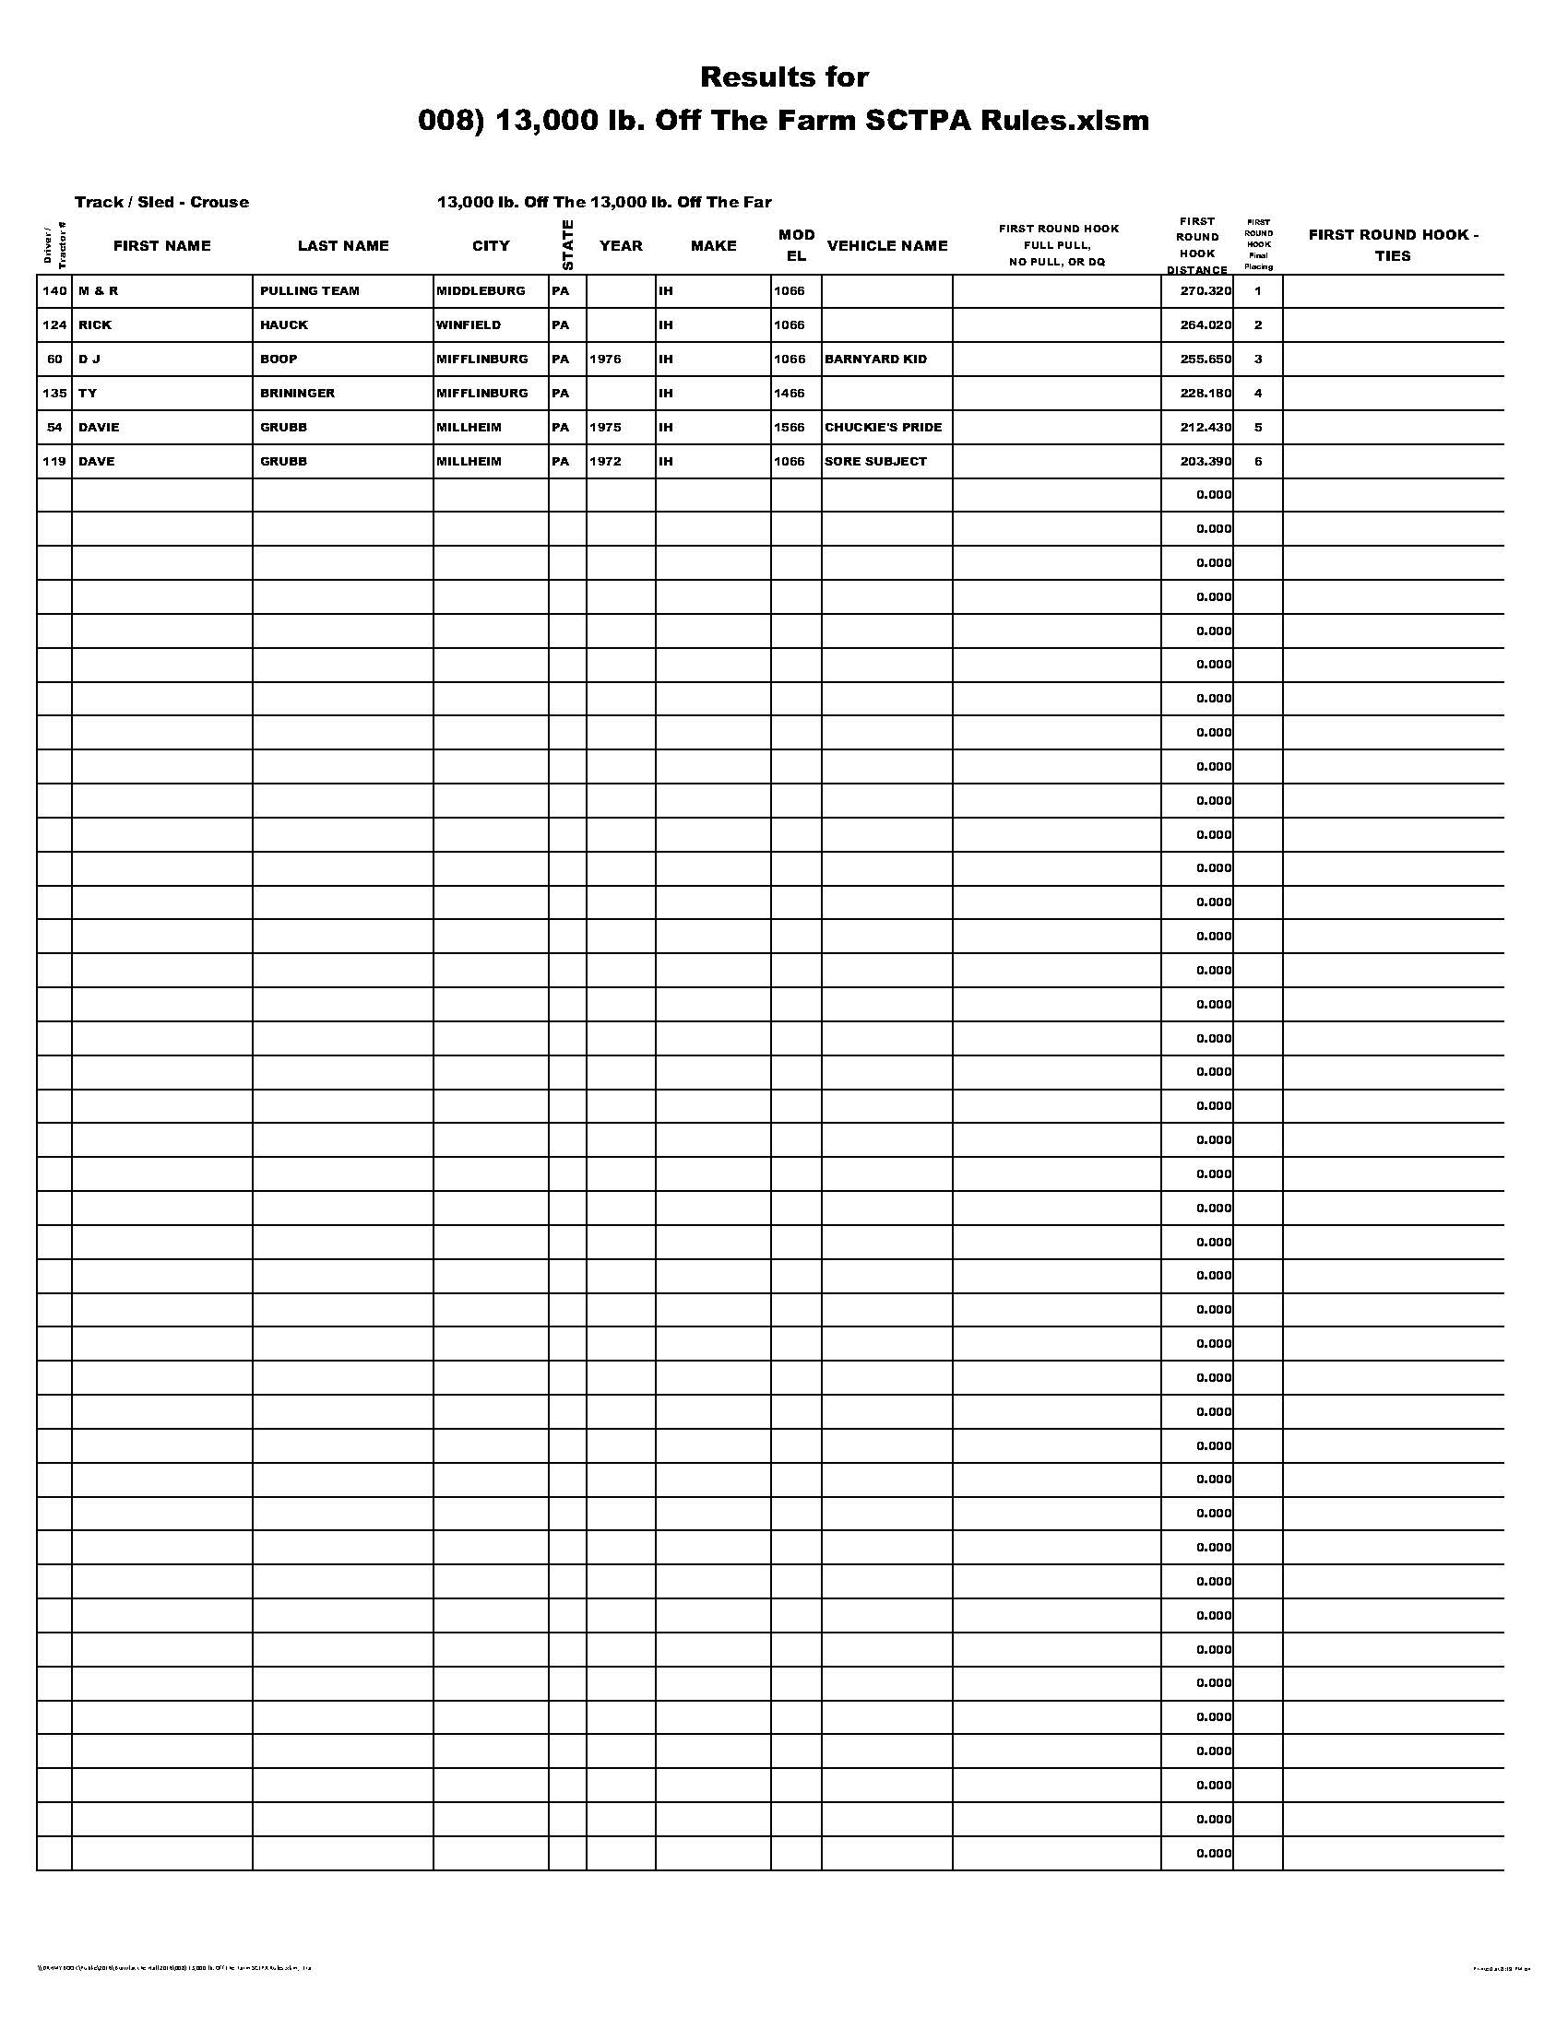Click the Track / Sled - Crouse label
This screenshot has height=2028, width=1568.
coord(161,203)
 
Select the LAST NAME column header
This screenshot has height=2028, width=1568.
coord(343,246)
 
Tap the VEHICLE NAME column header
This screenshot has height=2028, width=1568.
coord(887,246)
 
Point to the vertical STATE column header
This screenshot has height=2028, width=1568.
coord(567,245)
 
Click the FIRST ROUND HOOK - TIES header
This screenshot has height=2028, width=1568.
coord(1393,245)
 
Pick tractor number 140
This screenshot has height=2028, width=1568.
coord(54,291)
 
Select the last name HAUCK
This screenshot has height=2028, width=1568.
coord(284,325)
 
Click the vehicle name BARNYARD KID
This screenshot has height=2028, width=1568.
coord(875,360)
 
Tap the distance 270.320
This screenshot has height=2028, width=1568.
coord(1206,291)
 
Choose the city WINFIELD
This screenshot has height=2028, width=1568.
coord(469,325)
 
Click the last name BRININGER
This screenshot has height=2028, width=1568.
coord(297,394)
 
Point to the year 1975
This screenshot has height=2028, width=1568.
coord(605,427)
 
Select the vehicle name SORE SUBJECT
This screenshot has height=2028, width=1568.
coord(875,462)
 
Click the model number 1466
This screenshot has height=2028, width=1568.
coord(790,394)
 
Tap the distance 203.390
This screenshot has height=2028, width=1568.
coord(1206,462)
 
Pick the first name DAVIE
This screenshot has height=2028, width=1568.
coord(99,427)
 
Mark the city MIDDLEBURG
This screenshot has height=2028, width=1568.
coord(481,291)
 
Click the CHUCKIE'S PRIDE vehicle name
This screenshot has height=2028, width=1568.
coord(883,427)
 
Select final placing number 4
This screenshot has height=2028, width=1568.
coord(1258,394)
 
